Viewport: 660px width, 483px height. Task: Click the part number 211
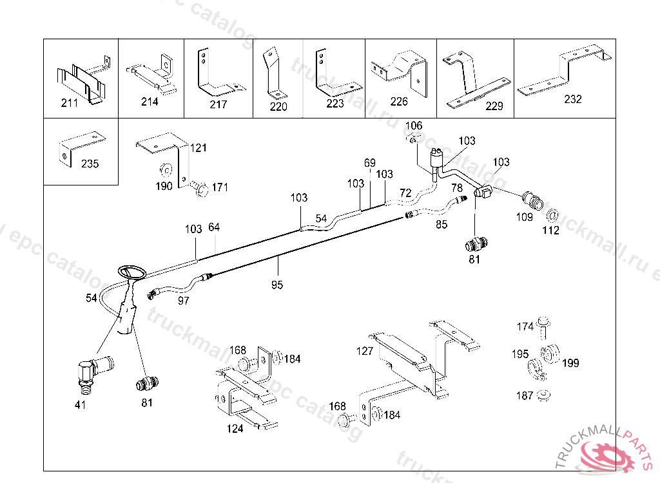(69, 103)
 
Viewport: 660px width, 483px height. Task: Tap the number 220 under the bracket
(278, 107)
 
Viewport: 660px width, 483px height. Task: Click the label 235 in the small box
(90, 164)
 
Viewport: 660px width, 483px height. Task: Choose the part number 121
(199, 148)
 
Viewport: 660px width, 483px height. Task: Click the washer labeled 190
(165, 171)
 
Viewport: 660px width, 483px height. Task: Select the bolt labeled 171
(200, 188)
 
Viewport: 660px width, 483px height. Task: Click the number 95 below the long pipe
(277, 284)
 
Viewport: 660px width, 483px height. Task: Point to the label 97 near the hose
(184, 300)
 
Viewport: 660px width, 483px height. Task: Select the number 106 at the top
(414, 125)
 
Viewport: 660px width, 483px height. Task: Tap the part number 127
(365, 352)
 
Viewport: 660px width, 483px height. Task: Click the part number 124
(235, 428)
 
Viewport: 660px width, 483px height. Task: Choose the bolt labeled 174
(543, 326)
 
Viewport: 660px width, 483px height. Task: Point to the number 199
(570, 363)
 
